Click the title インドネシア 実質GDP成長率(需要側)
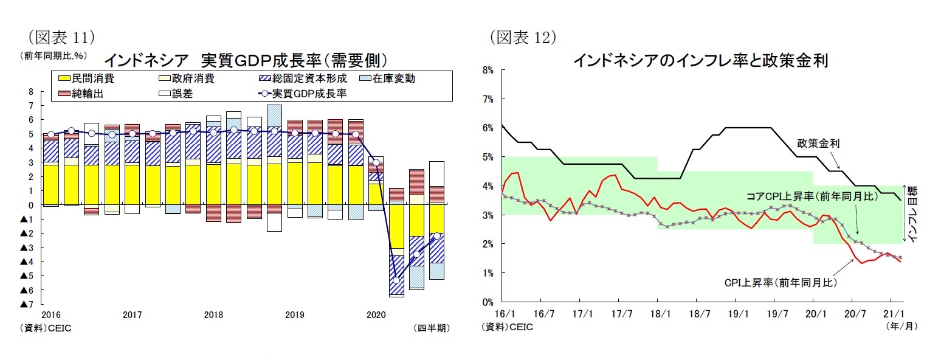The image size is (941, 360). pyautogui.click(x=246, y=60)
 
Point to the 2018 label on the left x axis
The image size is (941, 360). pyautogui.click(x=213, y=314)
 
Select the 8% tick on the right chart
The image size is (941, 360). pyautogui.click(x=488, y=70)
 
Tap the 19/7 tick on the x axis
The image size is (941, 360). pyautogui.click(x=774, y=314)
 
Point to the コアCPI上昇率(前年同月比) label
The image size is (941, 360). pyautogui.click(x=802, y=196)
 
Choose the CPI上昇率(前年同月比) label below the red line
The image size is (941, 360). pyautogui.click(x=781, y=283)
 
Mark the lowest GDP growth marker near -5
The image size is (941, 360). pyautogui.click(x=396, y=280)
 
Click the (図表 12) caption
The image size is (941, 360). pyautogui.click(x=523, y=38)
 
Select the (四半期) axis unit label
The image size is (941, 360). pyautogui.click(x=431, y=327)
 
